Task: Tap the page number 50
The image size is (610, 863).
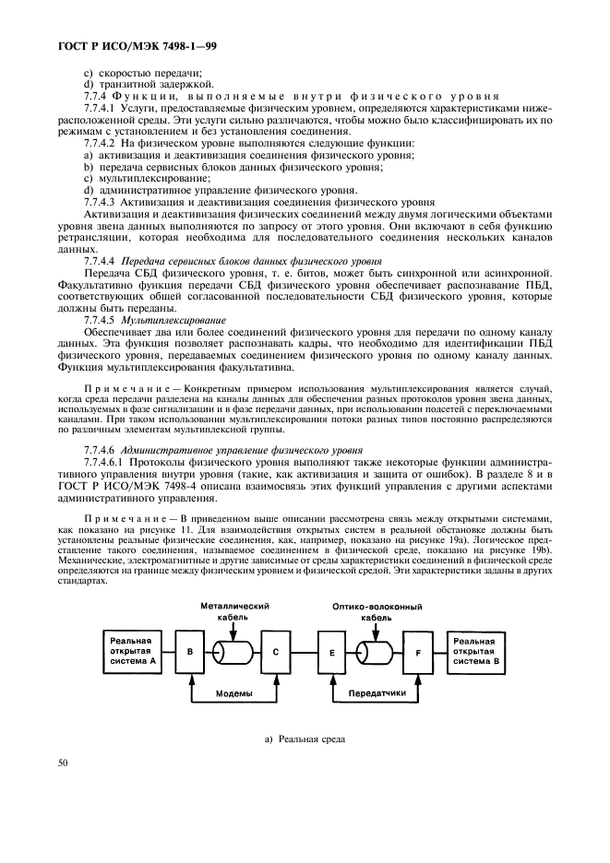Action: [64, 763]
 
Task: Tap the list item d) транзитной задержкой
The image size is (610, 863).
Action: [129, 84]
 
